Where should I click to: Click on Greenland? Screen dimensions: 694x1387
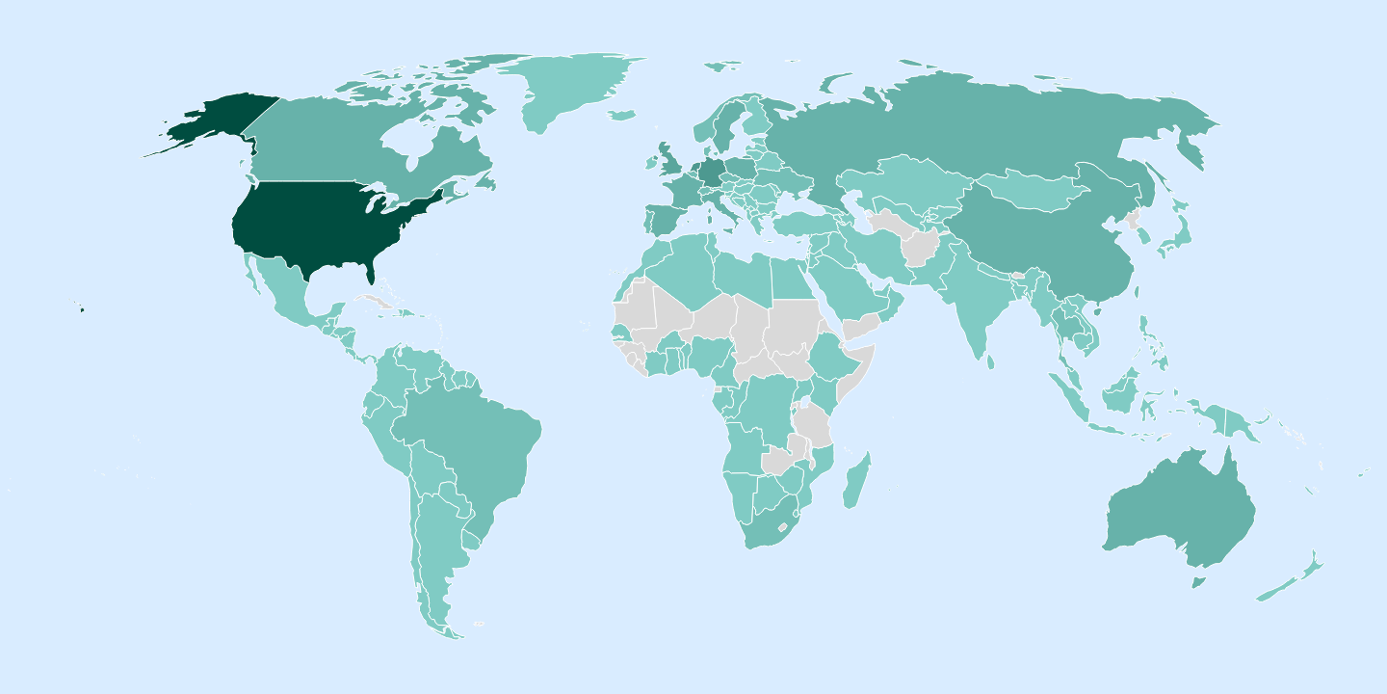point(578,92)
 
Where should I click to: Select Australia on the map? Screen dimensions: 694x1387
point(1180,511)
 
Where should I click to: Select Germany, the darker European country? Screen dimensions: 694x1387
point(713,173)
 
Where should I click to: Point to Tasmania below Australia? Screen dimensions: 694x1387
point(1198,582)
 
